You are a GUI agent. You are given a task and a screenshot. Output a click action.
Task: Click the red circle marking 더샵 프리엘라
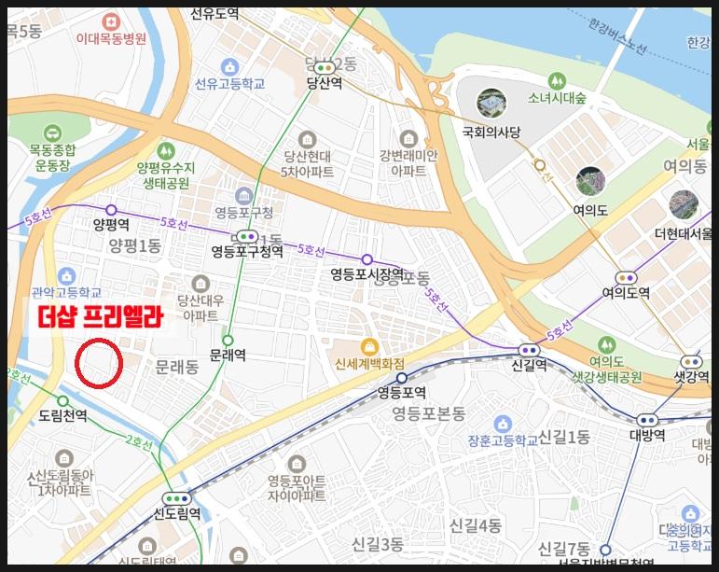point(98,365)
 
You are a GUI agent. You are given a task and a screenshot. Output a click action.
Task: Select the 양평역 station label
point(110,225)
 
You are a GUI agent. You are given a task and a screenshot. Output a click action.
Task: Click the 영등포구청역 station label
point(247,251)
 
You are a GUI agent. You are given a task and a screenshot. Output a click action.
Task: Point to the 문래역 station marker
point(228,341)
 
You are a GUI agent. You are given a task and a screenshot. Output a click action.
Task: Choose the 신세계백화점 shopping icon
point(369,346)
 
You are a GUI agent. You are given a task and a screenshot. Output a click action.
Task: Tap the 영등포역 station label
point(402,392)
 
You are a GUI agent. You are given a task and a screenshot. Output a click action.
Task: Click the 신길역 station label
point(529,366)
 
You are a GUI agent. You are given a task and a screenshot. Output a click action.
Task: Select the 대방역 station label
point(646,435)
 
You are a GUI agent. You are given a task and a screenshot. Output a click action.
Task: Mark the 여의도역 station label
point(626,292)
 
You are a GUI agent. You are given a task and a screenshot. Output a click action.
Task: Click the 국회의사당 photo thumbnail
point(491,104)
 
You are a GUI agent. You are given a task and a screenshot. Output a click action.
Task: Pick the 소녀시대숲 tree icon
point(557,80)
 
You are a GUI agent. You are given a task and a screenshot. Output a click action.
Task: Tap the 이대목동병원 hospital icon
point(112,21)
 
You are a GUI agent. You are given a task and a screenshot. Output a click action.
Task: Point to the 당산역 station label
point(325,83)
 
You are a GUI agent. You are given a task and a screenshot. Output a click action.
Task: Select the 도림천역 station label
point(62,415)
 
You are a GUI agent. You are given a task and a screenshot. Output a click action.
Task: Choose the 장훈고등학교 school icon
point(503,423)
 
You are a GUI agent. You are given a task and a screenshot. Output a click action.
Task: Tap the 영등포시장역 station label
point(366,274)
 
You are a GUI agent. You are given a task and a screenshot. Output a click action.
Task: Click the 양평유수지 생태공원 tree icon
point(166,149)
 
